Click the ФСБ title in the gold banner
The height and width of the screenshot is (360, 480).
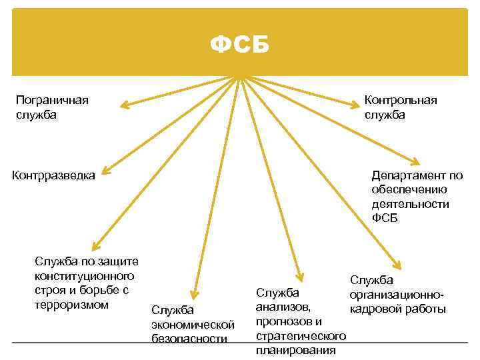click(240, 45)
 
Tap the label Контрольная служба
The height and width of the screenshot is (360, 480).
click(401, 107)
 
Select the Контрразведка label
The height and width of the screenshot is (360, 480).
click(54, 175)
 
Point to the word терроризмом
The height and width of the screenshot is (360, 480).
click(71, 305)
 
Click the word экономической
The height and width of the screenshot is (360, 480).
click(193, 324)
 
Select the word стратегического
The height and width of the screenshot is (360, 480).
click(300, 336)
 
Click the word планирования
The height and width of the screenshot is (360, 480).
click(295, 350)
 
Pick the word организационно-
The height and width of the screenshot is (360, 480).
click(397, 295)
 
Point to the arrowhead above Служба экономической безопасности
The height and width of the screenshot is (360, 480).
click(195, 295)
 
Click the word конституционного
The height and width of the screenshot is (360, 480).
click(84, 276)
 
